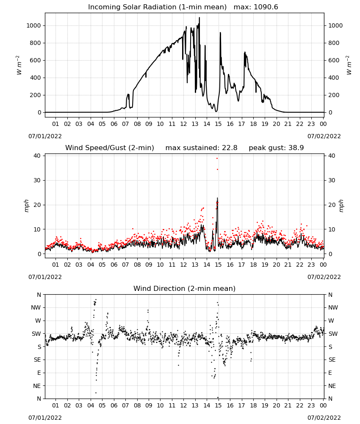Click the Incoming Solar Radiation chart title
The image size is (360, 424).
tap(157, 7)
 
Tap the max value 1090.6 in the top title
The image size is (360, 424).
tap(266, 7)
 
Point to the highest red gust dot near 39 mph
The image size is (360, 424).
tap(217, 159)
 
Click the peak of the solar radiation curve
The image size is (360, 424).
tap(199, 17)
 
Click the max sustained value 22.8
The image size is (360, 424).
tap(230, 148)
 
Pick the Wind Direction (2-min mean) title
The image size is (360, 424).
tap(185, 288)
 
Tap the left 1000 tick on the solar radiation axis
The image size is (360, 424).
tap(33, 26)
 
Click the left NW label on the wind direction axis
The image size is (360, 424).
tap(36, 308)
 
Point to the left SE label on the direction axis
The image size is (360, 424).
tap(37, 360)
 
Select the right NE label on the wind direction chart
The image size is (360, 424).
tap(332, 386)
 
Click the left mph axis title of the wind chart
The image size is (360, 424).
tap(26, 206)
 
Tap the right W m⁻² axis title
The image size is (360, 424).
tap(349, 65)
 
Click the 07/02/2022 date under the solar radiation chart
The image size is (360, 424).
tap(324, 136)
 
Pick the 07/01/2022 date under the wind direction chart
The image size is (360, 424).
tap(45, 418)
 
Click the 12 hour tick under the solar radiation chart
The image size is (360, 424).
tap(183, 124)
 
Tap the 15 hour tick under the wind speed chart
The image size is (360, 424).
tap(218, 265)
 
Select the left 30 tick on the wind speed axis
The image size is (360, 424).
tap(37, 180)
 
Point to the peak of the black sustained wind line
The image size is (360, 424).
tap(217, 198)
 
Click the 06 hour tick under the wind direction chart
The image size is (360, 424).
tap(114, 405)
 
